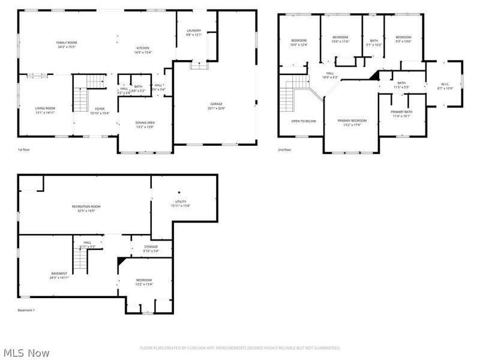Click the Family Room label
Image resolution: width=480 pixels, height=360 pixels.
[x=67, y=43]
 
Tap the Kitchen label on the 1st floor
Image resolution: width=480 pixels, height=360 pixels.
[x=143, y=48]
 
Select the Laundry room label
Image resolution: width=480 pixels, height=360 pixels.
[x=194, y=31]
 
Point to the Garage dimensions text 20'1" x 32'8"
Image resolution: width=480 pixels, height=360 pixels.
[x=216, y=109]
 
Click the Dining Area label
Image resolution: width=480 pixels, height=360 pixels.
[x=145, y=123]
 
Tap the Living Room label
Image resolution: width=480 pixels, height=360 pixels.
[x=45, y=108]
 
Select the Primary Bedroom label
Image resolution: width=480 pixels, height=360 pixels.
[x=351, y=121]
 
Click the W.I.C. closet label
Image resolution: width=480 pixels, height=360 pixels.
[x=445, y=84]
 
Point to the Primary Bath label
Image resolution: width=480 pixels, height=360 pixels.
[x=401, y=112]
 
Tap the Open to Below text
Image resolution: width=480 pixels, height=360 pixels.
[x=304, y=121]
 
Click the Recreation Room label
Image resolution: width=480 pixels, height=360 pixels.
[x=86, y=206]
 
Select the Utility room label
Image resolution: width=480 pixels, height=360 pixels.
[x=181, y=202]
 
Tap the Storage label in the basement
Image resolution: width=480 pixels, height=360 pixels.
[x=151, y=247]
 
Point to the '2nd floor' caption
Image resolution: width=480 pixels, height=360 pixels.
[x=285, y=149]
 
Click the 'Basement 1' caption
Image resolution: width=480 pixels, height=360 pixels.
[x=26, y=310]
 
